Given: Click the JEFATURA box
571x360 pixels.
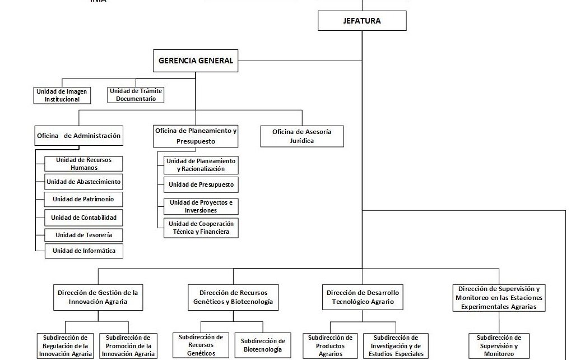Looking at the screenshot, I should (x=362, y=21).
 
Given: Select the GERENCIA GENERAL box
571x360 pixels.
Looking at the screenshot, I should (x=196, y=61).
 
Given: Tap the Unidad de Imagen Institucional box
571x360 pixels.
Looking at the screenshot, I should (x=62, y=95).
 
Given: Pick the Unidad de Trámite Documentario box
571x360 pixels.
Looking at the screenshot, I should (x=136, y=95).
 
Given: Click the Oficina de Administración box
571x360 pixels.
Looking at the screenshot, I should (x=78, y=136).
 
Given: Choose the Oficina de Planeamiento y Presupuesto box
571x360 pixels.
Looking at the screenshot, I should (x=196, y=136).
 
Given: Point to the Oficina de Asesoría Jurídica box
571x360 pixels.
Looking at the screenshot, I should (x=302, y=136).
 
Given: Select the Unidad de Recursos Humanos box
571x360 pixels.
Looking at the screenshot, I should (x=84, y=164).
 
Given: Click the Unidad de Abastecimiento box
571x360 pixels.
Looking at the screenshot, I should (x=84, y=182).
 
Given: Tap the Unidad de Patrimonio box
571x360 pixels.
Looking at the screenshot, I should (x=84, y=199).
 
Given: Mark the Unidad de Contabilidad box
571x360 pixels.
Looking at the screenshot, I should (x=84, y=217).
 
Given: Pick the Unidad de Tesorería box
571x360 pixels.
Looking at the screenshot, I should (x=84, y=235).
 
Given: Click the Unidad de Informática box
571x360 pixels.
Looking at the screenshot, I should (x=84, y=251).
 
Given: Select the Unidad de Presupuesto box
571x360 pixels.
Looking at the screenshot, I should (x=201, y=184).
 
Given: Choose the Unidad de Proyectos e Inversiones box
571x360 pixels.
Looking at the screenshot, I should (x=201, y=206).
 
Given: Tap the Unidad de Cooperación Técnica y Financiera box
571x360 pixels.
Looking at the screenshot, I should (x=201, y=228).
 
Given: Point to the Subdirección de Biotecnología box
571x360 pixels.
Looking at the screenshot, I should (x=263, y=345).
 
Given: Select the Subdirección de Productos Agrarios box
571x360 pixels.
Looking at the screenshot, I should (x=331, y=345).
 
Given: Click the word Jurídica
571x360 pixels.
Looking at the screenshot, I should (x=302, y=141).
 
